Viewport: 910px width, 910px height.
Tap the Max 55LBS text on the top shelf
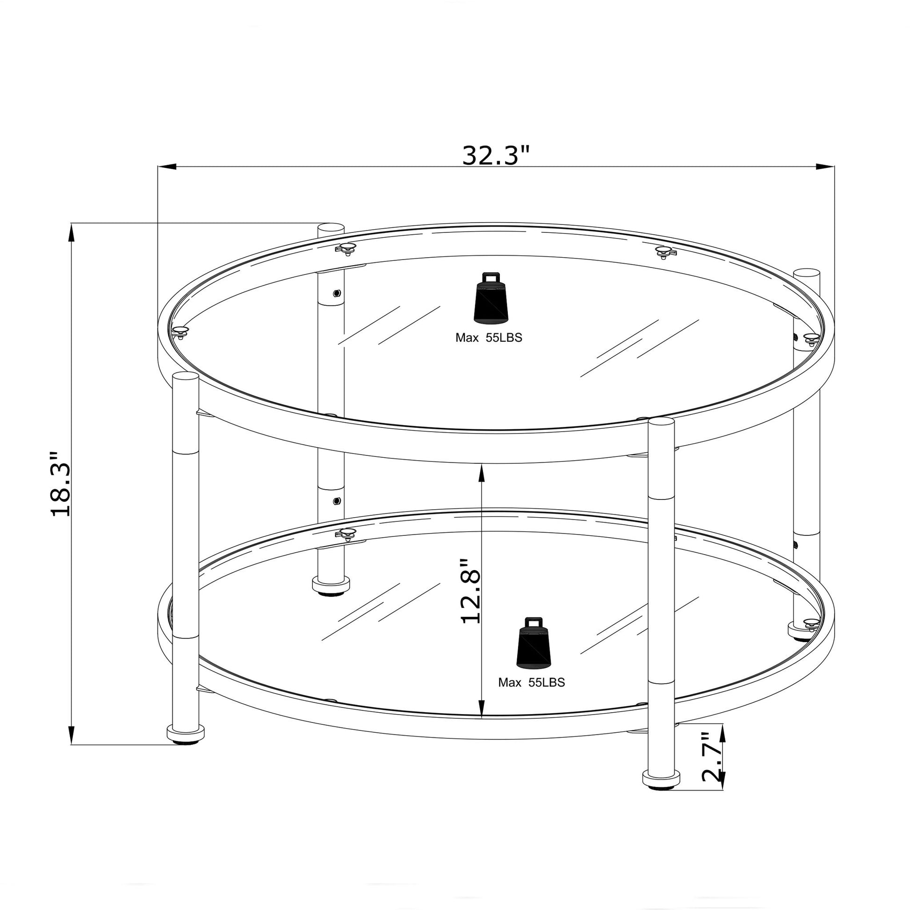(x=489, y=338)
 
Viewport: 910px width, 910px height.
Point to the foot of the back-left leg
(x=332, y=585)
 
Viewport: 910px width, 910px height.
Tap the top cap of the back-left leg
(x=331, y=228)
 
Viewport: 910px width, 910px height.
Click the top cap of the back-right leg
(x=806, y=274)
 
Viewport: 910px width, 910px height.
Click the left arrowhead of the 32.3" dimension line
(x=166, y=167)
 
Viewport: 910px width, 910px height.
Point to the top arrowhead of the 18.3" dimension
(x=72, y=233)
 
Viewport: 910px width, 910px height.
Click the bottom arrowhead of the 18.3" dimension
(x=72, y=735)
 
